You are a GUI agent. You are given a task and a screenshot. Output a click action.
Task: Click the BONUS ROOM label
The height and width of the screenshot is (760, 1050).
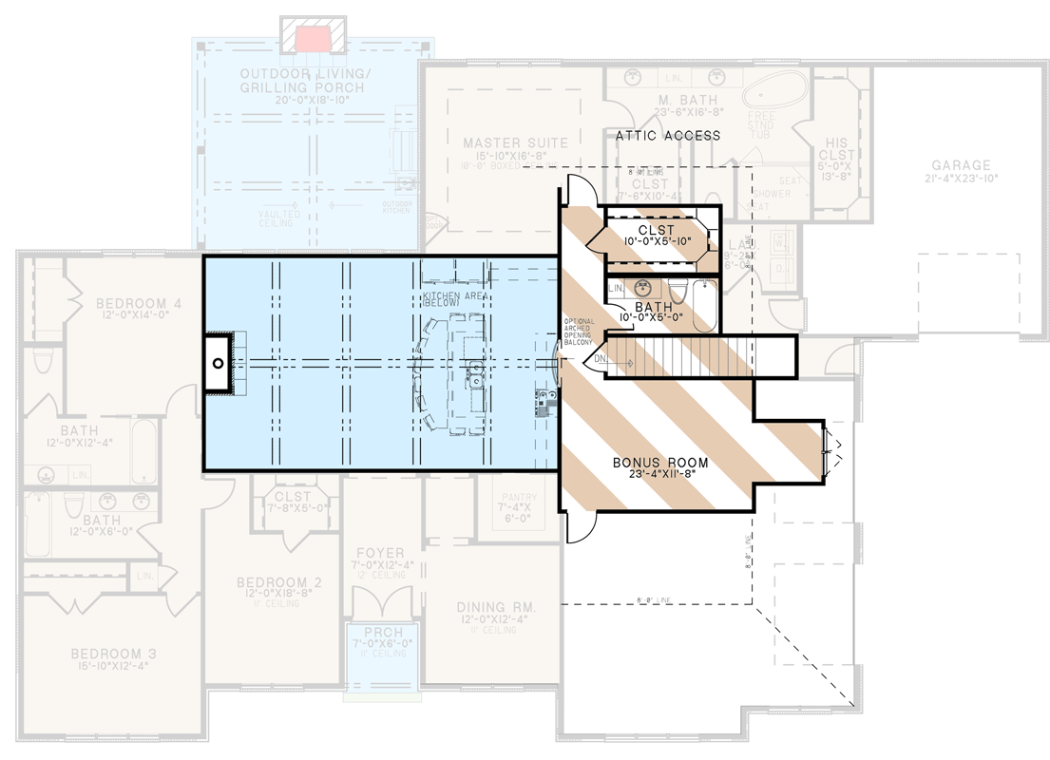tap(659, 463)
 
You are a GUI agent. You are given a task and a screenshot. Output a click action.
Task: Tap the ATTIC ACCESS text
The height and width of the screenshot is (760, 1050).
tap(667, 136)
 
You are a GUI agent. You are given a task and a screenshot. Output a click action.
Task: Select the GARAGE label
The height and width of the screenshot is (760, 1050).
tap(960, 165)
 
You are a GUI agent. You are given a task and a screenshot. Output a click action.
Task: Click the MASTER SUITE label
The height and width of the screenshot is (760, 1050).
tap(515, 143)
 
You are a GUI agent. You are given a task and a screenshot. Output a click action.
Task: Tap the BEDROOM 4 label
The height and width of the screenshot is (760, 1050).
tap(138, 304)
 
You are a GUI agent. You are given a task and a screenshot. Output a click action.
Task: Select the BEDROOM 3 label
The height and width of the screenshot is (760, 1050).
tap(113, 655)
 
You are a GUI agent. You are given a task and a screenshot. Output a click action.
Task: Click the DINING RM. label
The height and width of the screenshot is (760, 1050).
tap(497, 607)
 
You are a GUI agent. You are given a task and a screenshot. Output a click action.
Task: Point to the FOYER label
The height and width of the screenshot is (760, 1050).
tap(380, 553)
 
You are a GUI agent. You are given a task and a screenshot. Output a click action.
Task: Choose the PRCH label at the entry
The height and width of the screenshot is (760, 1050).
tap(382, 633)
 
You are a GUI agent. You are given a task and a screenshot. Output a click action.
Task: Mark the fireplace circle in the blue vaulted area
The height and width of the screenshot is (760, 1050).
tap(218, 363)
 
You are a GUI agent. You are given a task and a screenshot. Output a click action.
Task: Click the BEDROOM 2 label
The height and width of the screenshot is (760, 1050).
tap(272, 582)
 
